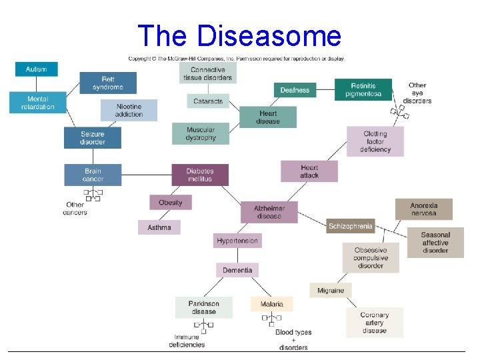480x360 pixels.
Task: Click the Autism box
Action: pos(36,69)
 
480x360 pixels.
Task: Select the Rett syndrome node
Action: pos(107,83)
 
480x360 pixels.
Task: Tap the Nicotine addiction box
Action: pos(129,110)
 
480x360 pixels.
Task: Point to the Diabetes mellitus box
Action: pos(199,175)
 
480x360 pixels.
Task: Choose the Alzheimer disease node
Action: pos(269,212)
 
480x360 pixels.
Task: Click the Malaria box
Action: pos(271,304)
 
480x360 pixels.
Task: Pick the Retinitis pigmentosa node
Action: pos(363,89)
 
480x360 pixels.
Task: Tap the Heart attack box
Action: pos(309,171)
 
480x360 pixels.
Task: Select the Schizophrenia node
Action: pos(351,226)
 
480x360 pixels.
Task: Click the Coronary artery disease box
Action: pos(374,323)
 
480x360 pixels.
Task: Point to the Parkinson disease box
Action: pos(203,307)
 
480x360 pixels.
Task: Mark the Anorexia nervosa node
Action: pos(423,209)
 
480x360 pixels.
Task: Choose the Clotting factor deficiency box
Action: pos(375,141)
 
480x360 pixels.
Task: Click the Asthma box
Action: pos(159,227)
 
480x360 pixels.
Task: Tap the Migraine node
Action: pos(331,290)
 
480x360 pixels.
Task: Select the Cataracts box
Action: pos(207,101)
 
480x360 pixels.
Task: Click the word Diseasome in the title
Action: pos(268,36)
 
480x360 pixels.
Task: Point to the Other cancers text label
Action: pos(75,209)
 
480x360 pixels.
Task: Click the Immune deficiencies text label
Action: pos(187,341)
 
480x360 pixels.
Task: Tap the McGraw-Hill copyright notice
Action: pos(237,59)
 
